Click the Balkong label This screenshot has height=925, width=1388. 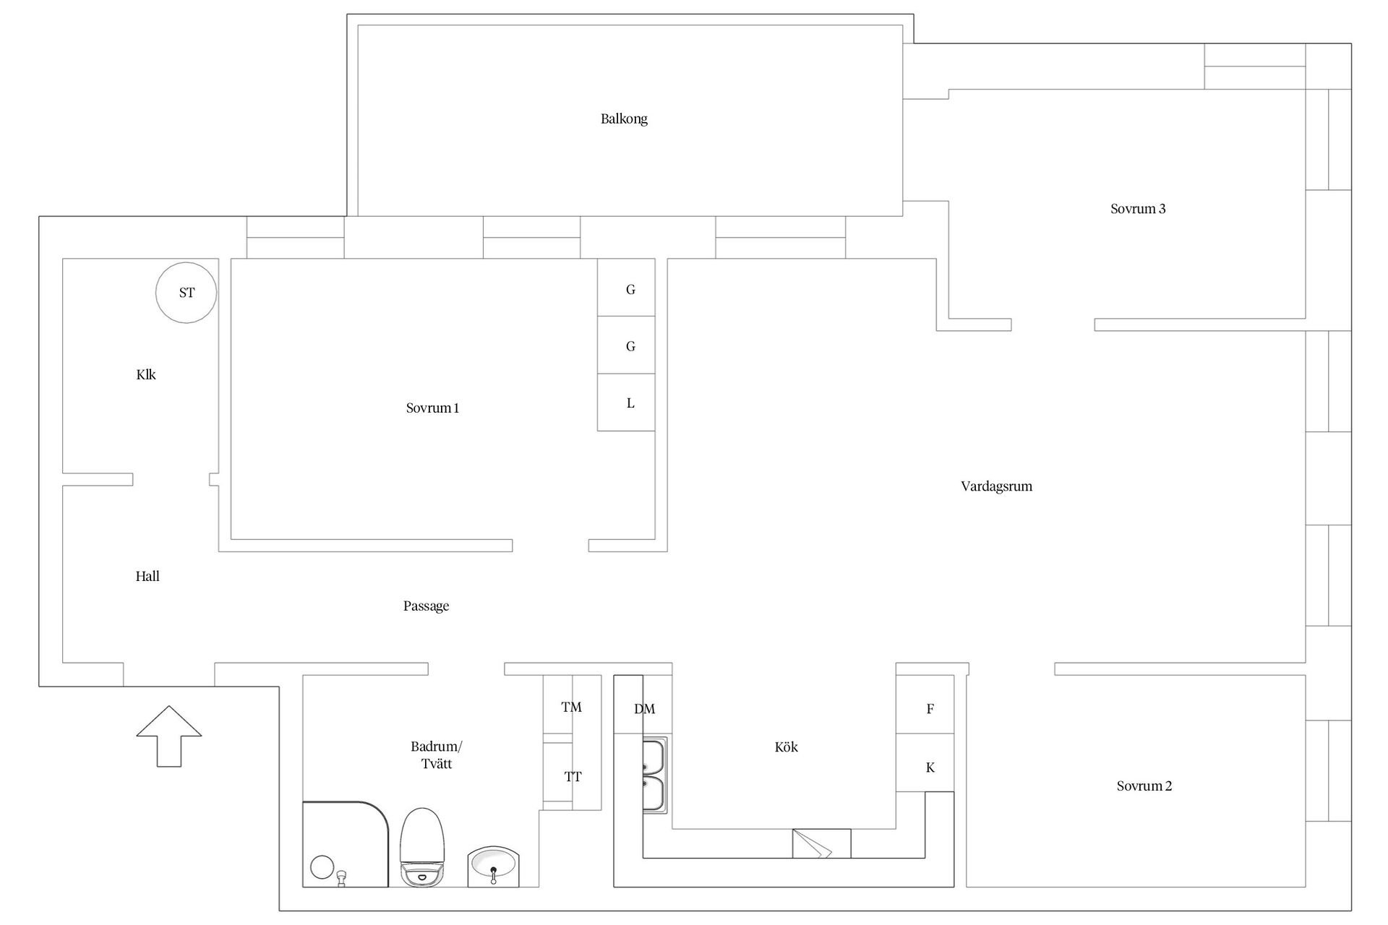tap(624, 119)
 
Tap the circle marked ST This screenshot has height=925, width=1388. tap(187, 293)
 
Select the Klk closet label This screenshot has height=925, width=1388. tap(146, 374)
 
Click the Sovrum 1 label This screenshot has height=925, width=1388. tap(432, 408)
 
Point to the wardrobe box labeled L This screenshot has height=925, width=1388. tap(627, 403)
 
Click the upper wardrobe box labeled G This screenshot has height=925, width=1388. tap(627, 288)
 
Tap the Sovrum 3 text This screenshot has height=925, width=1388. tap(1138, 209)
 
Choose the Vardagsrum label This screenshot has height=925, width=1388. tap(996, 486)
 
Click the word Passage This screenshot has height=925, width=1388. tap(426, 606)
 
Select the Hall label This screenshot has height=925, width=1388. tap(147, 576)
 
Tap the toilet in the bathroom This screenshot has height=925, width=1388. tap(422, 847)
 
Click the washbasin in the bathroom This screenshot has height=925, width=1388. tap(493, 865)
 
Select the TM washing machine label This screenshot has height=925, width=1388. tap(571, 707)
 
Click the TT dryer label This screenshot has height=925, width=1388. tap(573, 777)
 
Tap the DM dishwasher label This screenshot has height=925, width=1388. tap(644, 709)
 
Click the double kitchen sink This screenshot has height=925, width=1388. tap(655, 775)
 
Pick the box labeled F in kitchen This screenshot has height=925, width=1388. tap(930, 708)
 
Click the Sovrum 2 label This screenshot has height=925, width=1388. tap(1144, 786)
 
